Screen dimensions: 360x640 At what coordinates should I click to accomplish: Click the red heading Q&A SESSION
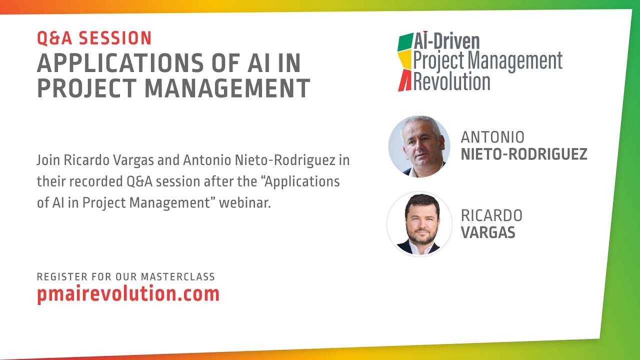94,38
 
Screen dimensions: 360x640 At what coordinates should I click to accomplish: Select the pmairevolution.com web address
128,293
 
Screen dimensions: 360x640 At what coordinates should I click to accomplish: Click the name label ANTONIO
492,137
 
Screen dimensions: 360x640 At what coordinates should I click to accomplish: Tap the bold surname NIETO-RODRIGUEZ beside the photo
523,154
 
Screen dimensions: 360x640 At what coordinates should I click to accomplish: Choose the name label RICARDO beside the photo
491,215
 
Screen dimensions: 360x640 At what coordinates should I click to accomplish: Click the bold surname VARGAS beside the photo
488,232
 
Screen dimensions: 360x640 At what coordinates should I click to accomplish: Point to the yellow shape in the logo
405,61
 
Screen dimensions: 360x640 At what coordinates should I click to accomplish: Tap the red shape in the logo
404,81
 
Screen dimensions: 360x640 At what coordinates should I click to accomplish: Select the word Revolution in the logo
451,81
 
